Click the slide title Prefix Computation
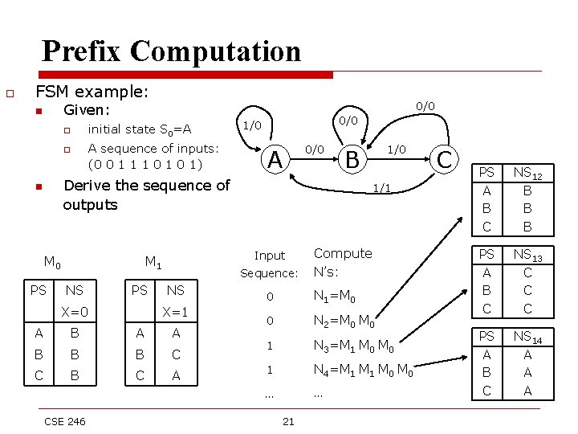coord(171,51)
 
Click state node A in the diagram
coord(275,160)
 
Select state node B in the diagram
coord(351,160)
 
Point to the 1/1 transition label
coord(381,188)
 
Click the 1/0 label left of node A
coord(251,125)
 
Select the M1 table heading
coord(153,262)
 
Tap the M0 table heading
coord(52,262)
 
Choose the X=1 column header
coord(175,312)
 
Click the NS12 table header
coord(528,174)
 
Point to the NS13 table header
coord(528,256)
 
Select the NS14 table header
coord(528,338)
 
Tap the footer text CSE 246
coord(66,421)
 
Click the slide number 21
coord(289,421)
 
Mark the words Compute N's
coord(343,262)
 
